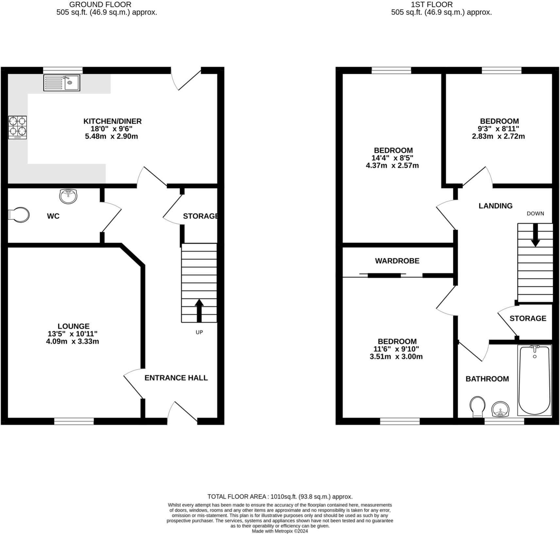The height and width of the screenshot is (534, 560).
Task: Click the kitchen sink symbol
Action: pos(62,83)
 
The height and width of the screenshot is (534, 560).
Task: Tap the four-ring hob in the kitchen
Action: pos(17,128)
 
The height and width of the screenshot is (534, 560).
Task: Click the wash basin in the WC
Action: pos(68,196)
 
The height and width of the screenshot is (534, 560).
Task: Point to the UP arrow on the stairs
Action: pos(199,311)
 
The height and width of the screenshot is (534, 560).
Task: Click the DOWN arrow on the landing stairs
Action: pos(535,235)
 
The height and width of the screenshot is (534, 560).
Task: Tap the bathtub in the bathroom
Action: pos(534,380)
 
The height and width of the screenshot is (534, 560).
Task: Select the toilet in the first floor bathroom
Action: pos(477,406)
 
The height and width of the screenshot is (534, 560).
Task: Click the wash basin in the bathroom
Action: pos(500,409)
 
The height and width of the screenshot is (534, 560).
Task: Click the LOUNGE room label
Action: pos(73,326)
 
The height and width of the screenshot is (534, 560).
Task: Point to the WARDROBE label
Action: pos(397,261)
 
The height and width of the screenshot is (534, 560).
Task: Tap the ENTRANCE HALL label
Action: pos(176,378)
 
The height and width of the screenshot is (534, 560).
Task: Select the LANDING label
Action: pos(495,206)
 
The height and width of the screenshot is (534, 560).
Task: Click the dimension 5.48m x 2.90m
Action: pos(112,136)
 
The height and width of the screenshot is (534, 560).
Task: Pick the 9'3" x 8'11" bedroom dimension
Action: pos(498,129)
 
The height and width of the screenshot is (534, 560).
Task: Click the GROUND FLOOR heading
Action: pos(100,5)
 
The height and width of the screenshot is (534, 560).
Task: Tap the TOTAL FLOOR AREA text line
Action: pos(280,496)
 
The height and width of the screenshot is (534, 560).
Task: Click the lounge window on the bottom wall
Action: pos(74,421)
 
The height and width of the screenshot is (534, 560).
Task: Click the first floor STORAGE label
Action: pos(528,318)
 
